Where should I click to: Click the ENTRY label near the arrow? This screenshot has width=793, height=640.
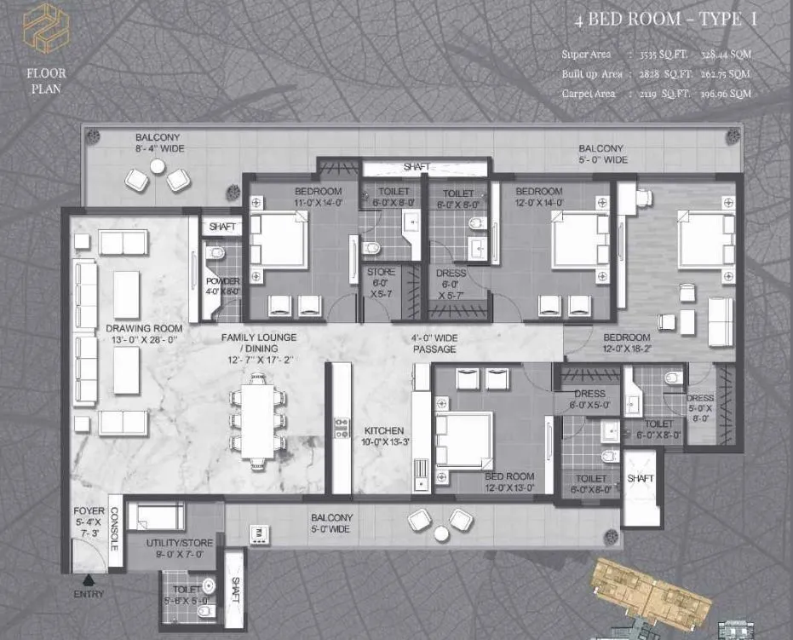click(x=88, y=594)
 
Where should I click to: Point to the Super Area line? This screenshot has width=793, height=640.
click(x=656, y=55)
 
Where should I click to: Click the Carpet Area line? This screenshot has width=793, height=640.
click(x=656, y=94)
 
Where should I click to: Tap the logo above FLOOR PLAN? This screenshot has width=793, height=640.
click(x=45, y=27)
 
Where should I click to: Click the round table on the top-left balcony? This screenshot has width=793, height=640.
click(x=158, y=167)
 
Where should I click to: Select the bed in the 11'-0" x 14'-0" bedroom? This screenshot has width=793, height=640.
click(x=280, y=239)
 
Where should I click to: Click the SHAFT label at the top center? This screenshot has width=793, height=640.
click(x=416, y=167)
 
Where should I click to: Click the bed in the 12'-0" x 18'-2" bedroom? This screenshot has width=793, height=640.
click(x=706, y=240)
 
